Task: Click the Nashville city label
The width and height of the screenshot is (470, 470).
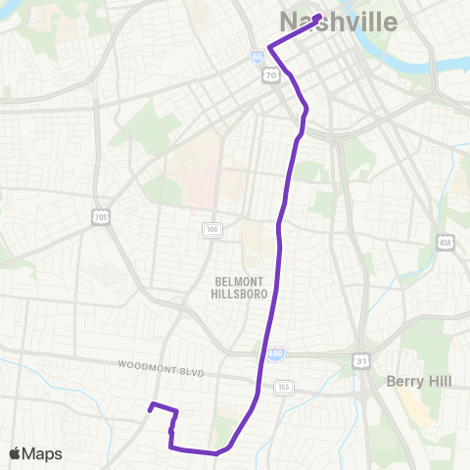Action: click(339, 23)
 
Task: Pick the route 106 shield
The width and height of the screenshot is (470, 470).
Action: click(211, 229)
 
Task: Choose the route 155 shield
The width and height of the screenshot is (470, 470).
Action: click(285, 386)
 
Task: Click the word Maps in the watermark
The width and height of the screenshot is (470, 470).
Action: click(43, 453)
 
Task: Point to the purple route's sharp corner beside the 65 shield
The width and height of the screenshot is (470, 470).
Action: click(269, 46)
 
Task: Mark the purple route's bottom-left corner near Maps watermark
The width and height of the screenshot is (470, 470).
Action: click(171, 447)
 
